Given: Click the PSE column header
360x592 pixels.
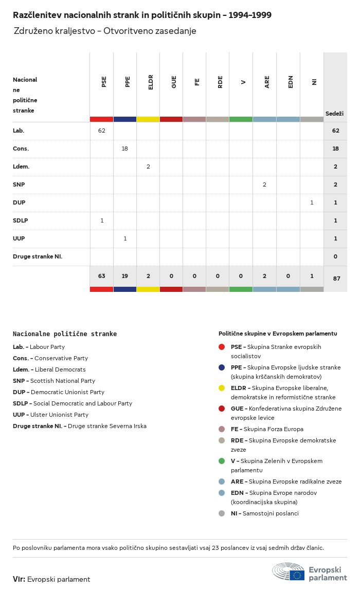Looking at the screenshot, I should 104,82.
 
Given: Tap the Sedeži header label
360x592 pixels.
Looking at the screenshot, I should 334,113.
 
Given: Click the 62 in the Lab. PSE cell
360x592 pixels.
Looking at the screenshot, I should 102,131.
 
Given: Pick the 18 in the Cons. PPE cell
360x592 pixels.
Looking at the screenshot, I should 125,149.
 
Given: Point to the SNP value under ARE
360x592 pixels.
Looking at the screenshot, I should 264,184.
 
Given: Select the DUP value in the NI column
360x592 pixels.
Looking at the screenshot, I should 312,202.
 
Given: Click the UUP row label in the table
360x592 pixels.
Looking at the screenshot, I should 19,238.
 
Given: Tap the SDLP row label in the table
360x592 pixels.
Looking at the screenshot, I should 21,220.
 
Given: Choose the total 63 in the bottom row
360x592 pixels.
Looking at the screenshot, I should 102,276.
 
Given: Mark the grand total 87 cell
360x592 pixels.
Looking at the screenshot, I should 336,279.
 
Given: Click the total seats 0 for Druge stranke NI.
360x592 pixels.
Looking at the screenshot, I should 335,256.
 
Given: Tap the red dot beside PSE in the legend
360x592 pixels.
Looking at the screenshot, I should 222,347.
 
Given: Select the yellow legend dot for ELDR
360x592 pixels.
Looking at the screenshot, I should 222,388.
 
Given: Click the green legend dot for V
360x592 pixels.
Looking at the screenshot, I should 222,461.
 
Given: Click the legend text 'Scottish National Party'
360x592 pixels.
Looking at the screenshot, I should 63,381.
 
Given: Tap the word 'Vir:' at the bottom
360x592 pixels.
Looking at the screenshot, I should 19,579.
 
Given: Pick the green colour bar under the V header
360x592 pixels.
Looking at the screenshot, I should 241,119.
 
